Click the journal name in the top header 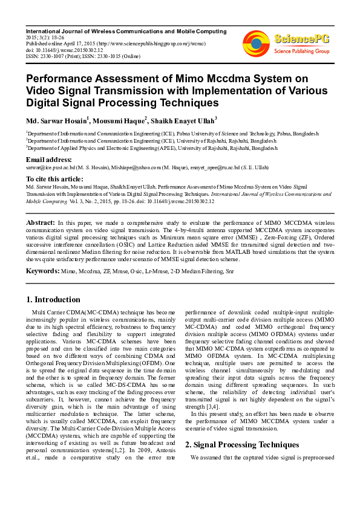126,31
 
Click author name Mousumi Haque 116,120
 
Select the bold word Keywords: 42,270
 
